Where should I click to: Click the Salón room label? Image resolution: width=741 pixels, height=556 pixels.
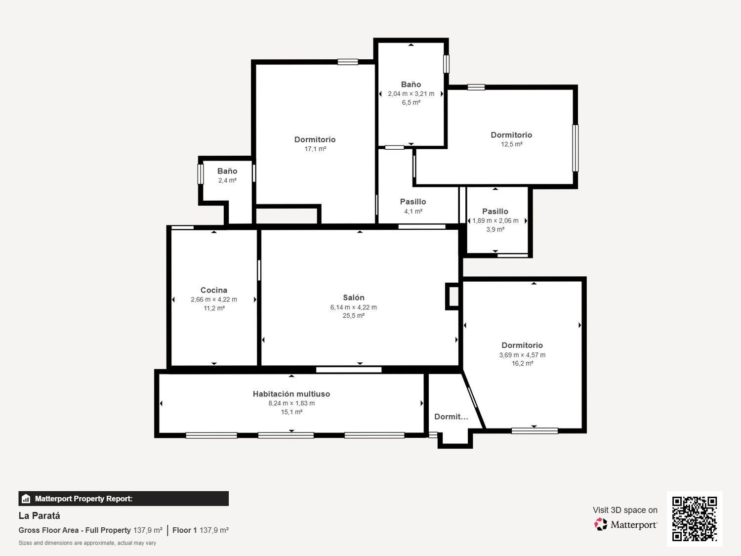(354, 298)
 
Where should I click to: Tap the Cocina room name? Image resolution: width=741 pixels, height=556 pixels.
(214, 290)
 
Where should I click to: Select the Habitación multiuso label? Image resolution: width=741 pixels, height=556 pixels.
(291, 394)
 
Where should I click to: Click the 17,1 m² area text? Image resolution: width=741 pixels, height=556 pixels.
(315, 149)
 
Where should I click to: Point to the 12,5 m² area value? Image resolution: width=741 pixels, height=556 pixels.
(511, 144)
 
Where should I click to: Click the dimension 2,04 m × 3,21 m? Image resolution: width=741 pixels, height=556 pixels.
(411, 94)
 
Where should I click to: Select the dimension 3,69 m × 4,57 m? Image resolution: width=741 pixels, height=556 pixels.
(522, 355)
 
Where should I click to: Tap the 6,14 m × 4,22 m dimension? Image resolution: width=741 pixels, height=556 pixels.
(354, 307)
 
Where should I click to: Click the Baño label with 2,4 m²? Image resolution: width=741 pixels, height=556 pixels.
(227, 171)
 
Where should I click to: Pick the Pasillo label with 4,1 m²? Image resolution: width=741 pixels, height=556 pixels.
(413, 202)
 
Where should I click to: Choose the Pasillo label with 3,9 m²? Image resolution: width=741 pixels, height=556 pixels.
(495, 211)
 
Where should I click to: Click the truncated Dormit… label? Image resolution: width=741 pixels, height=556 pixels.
(451, 417)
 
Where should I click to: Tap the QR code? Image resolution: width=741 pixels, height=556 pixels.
(694, 518)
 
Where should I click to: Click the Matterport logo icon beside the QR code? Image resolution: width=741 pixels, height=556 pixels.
(601, 524)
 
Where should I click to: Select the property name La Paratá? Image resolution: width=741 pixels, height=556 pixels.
(40, 515)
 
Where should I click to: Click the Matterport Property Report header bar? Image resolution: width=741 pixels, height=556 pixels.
(123, 499)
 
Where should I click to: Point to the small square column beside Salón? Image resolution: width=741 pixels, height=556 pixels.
(453, 297)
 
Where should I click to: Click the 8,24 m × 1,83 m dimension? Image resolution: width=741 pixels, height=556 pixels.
(291, 403)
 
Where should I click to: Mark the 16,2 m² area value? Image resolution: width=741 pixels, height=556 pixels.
(522, 363)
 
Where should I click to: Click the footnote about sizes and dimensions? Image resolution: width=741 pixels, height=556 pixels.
(87, 543)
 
